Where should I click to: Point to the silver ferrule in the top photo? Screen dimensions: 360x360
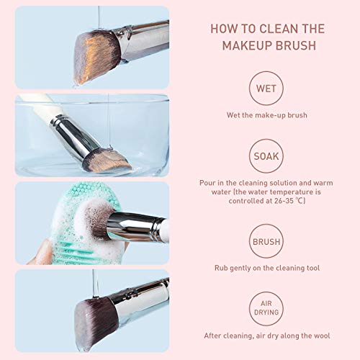pyautogui.click(x=140, y=40)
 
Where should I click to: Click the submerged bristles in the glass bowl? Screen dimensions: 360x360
pyautogui.click(x=104, y=159)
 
